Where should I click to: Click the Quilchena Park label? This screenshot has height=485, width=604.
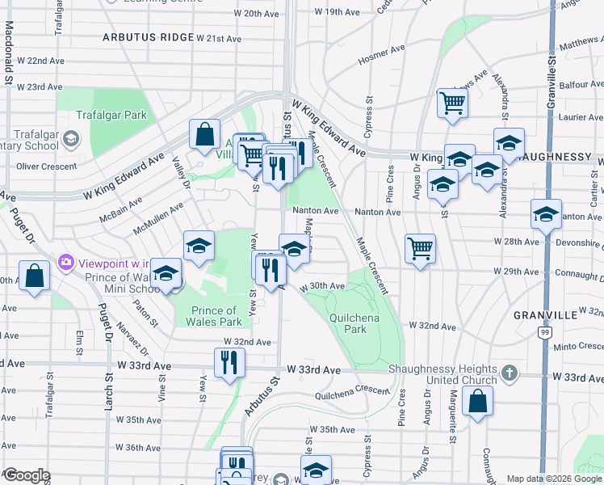(x=349, y=323)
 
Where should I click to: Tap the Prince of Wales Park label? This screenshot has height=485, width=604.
(x=214, y=316)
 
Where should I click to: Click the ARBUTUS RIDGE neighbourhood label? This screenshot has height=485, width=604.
(x=149, y=37)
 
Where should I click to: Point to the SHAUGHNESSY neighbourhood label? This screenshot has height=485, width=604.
(x=558, y=156)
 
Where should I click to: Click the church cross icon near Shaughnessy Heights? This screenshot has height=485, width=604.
(x=509, y=373)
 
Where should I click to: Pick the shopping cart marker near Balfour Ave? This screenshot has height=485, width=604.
(x=452, y=103)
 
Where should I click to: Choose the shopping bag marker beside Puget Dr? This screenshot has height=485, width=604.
(x=35, y=276)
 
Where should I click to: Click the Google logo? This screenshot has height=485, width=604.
(x=27, y=475)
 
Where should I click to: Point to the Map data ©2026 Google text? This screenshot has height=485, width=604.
(x=553, y=479)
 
